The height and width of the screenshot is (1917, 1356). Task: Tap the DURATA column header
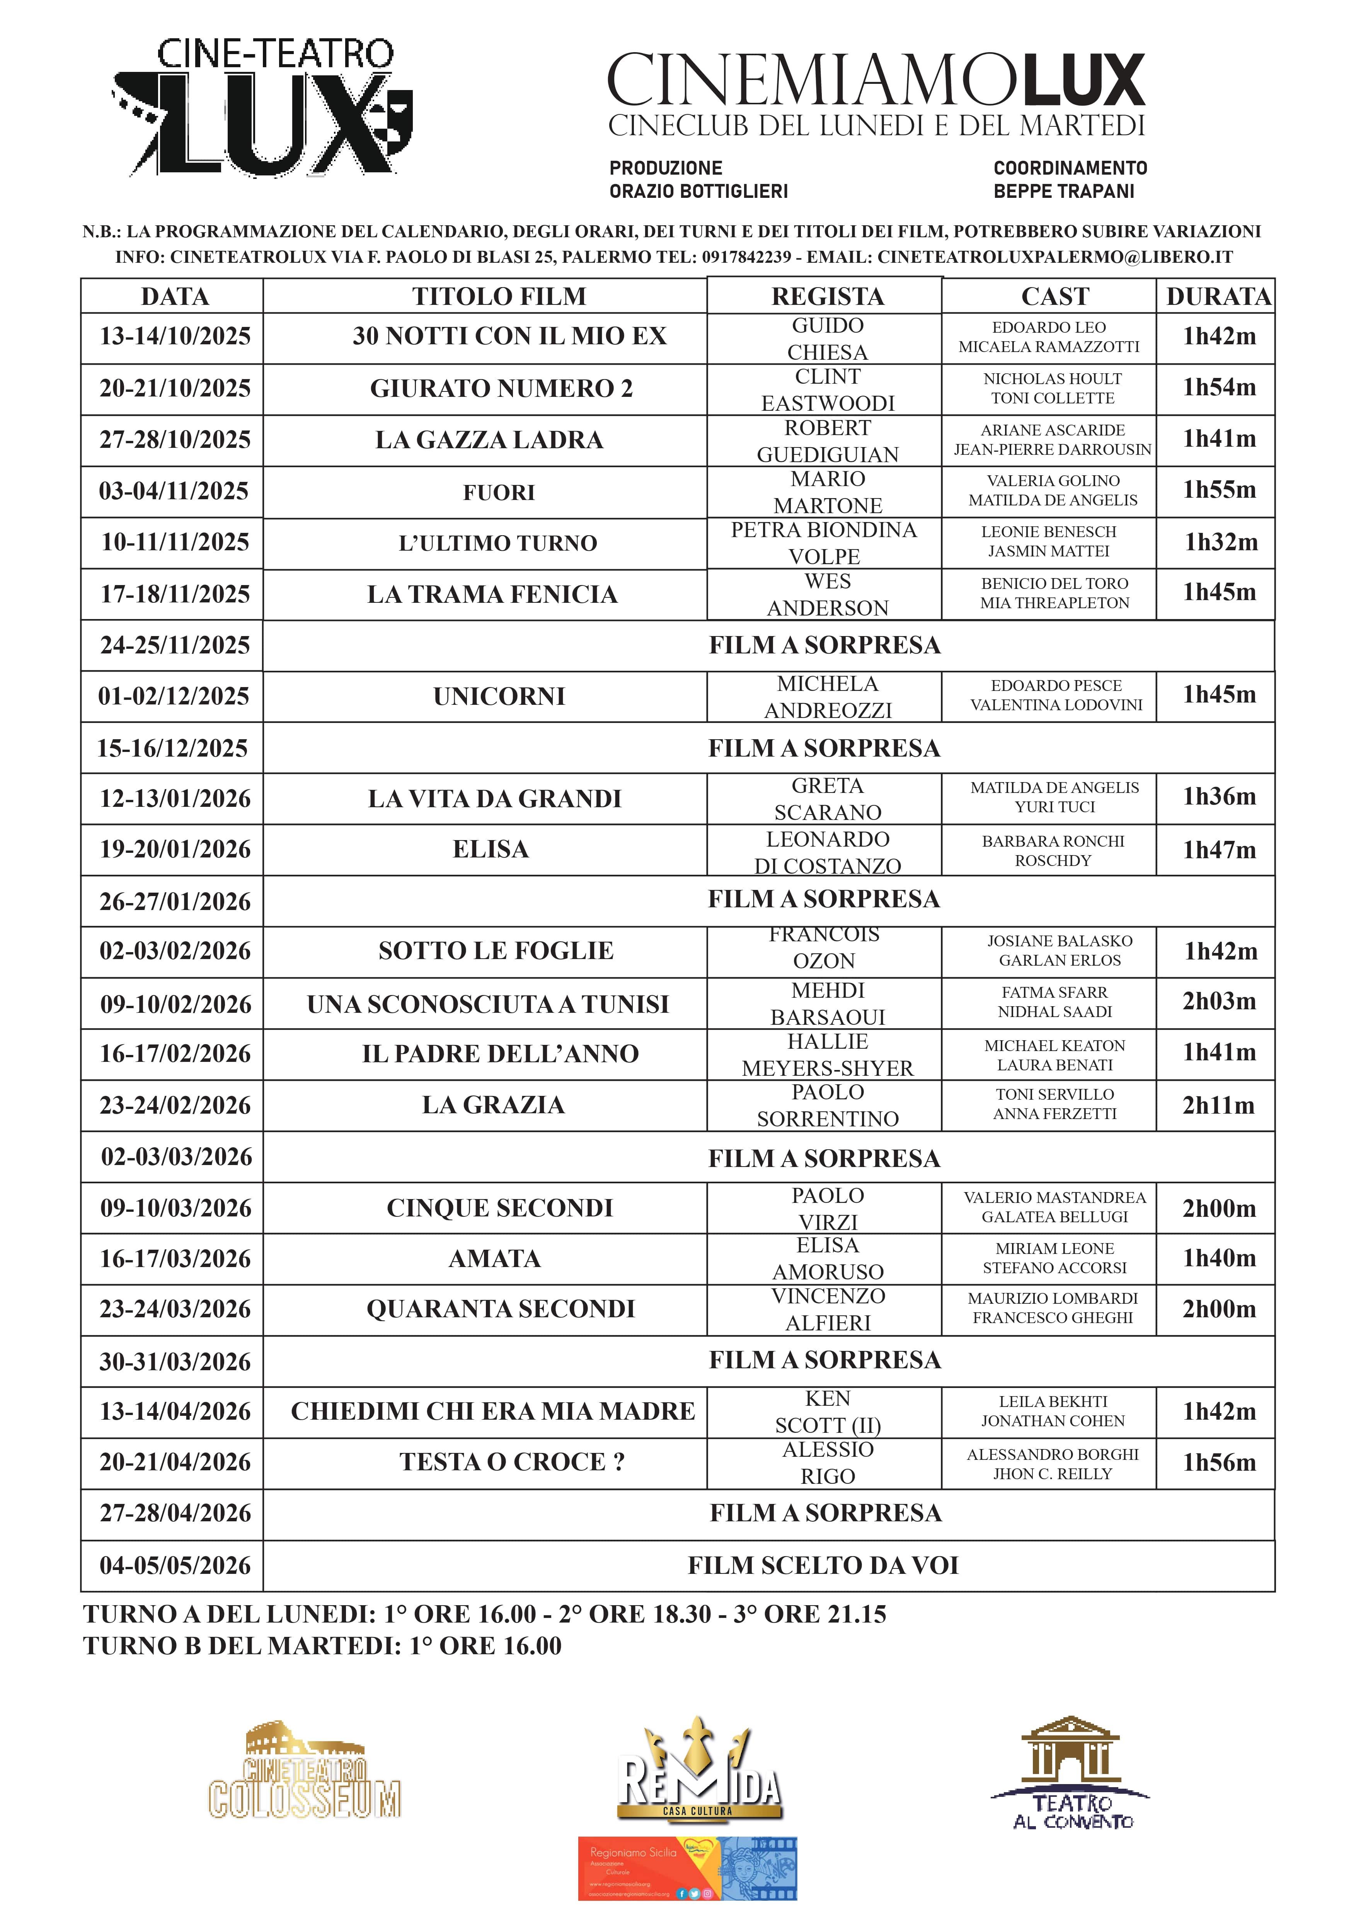pyautogui.click(x=1218, y=296)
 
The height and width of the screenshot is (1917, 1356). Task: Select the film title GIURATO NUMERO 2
pyautogui.click(x=501, y=388)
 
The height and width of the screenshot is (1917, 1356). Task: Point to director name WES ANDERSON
pyautogui.click(x=828, y=594)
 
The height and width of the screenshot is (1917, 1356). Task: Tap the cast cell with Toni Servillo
pyautogui.click(x=1054, y=1104)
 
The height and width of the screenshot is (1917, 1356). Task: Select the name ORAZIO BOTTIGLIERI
pyautogui.click(x=698, y=191)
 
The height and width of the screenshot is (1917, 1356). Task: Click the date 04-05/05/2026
pyautogui.click(x=174, y=1565)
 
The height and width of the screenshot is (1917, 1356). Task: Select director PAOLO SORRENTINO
pyautogui.click(x=828, y=1106)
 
